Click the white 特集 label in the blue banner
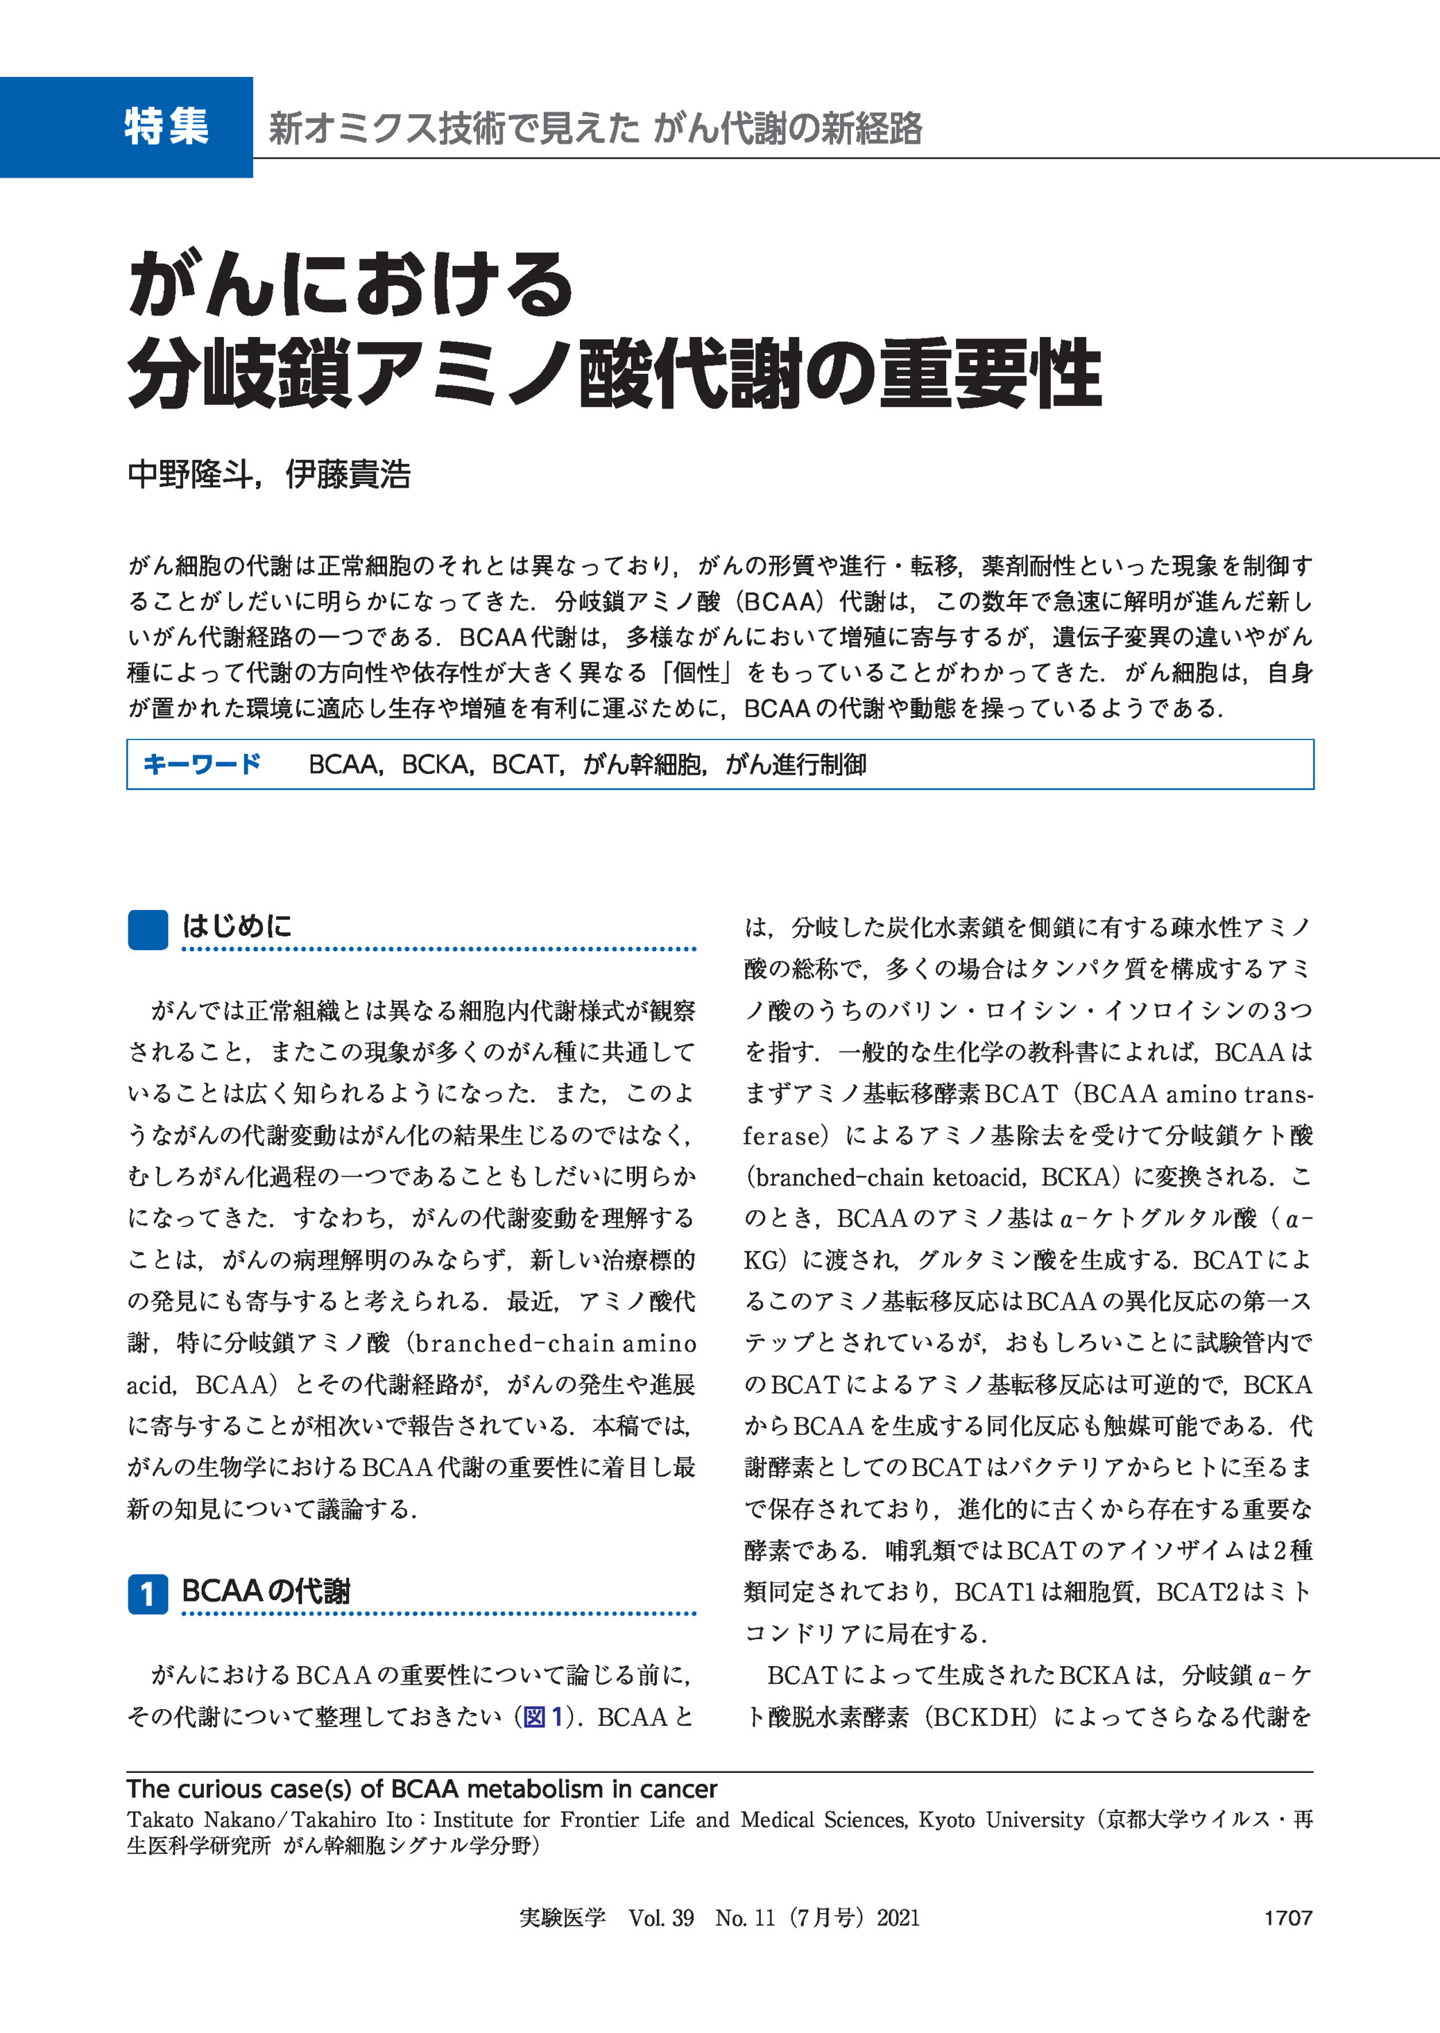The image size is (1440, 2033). click(x=166, y=127)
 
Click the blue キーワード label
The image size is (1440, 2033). click(x=201, y=764)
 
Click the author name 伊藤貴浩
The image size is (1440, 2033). click(x=348, y=475)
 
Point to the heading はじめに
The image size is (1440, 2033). click(x=237, y=927)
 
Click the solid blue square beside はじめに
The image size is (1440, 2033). click(x=148, y=930)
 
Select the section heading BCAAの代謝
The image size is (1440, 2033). click(x=266, y=1591)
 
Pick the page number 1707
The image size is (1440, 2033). click(x=1287, y=1919)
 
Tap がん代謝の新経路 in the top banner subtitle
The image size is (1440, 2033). click(x=787, y=128)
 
